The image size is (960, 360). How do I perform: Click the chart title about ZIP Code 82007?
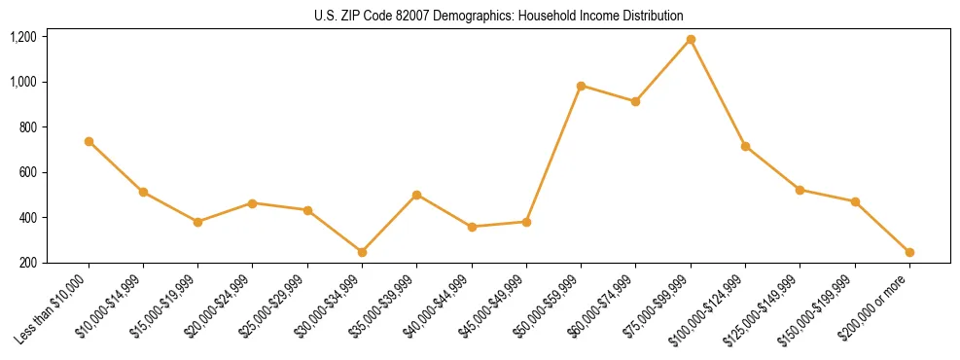tap(499, 16)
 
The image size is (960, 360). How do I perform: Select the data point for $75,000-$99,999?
tap(691, 40)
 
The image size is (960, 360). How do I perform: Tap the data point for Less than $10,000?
tap(89, 141)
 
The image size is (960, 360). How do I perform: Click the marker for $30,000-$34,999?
tap(362, 252)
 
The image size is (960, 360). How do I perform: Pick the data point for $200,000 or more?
tap(909, 252)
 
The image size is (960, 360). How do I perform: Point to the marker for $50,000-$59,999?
tap(581, 86)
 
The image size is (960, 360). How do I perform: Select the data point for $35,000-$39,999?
tap(416, 195)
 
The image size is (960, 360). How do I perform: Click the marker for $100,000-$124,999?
tap(745, 146)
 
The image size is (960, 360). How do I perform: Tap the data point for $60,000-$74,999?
tap(635, 101)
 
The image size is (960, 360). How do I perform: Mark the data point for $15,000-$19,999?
tap(197, 222)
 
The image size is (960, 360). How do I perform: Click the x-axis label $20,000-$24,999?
tap(222, 306)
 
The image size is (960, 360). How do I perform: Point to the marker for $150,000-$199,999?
tap(855, 201)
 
